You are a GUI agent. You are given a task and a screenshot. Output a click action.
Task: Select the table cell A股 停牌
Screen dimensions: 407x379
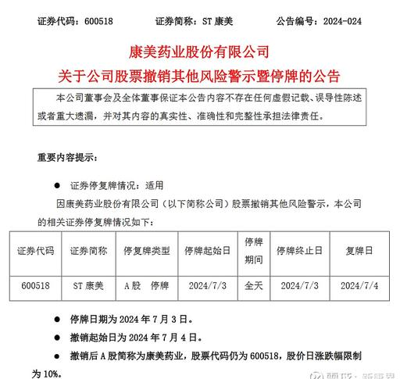tap(147, 287)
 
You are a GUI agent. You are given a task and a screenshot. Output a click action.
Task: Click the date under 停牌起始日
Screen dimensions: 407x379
tap(205, 287)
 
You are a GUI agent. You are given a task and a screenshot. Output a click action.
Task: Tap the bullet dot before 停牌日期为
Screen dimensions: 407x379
tap(55, 320)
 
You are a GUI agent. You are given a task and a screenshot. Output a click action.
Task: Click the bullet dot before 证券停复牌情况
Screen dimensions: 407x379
tap(55, 188)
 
